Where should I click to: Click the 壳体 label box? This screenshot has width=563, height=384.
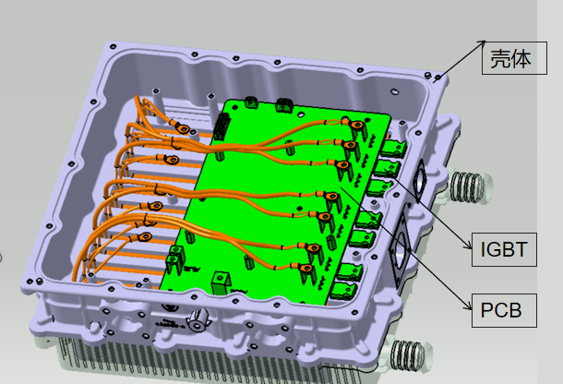tap(514, 58)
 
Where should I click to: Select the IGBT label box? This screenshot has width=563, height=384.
tap(504, 249)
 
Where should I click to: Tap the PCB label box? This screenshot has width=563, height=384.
tap(504, 310)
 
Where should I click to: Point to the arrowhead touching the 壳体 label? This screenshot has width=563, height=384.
tap(482, 42)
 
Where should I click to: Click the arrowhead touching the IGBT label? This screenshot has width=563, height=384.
tap(468, 246)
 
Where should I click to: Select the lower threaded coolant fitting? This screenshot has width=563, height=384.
tap(410, 354)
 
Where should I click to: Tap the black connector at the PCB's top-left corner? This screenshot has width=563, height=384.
tap(222, 126)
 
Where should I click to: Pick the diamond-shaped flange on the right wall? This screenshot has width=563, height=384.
tap(418, 181)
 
